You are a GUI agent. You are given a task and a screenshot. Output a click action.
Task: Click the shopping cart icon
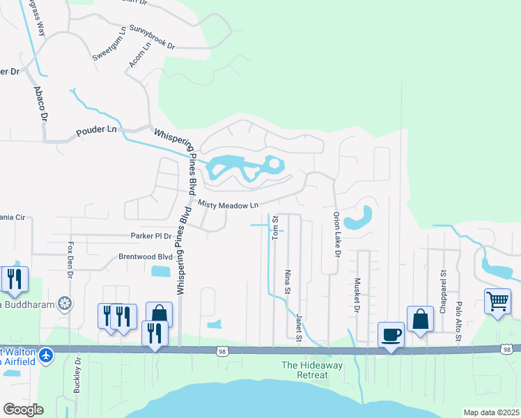tap(497, 302)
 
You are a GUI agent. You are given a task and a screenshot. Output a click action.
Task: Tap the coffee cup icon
tap(391, 335)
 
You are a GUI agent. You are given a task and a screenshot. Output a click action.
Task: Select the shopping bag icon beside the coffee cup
tap(420, 320)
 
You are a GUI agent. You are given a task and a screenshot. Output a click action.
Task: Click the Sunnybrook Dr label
tap(152, 38)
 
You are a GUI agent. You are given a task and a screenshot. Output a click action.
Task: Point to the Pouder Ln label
tap(97, 130)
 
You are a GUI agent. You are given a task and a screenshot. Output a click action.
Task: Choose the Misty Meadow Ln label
tap(228, 204)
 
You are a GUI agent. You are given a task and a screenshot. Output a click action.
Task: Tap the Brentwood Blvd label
tap(144, 256)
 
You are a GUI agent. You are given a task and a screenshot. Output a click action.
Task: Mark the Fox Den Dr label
tap(70, 260)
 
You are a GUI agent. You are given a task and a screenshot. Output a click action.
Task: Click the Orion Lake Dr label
tap(336, 235)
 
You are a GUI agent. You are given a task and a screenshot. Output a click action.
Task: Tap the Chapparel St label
tap(442, 291)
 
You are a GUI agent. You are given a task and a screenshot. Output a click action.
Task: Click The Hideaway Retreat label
tap(304, 370)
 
